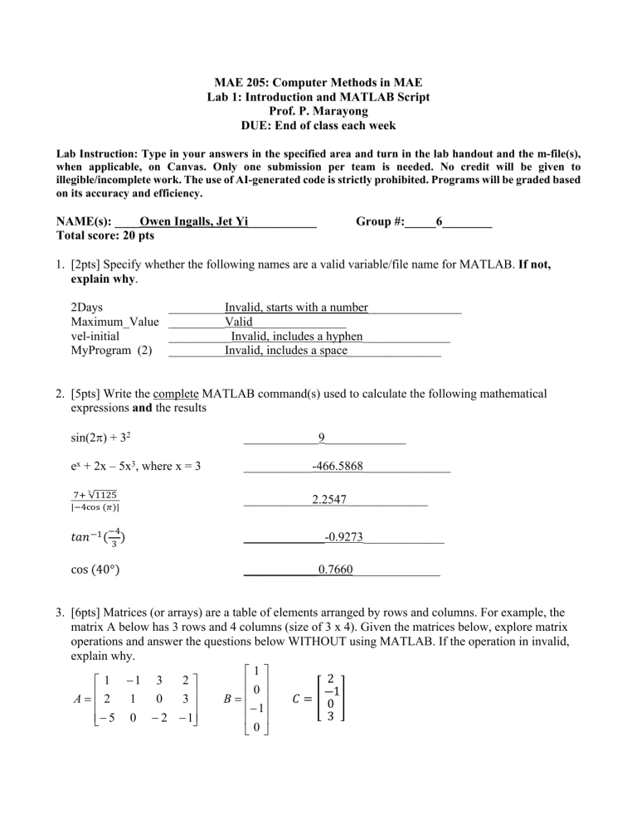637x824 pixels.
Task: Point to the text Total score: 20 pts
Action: (x=105, y=235)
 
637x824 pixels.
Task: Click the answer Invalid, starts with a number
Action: (x=296, y=308)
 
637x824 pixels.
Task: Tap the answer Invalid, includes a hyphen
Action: (x=296, y=337)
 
